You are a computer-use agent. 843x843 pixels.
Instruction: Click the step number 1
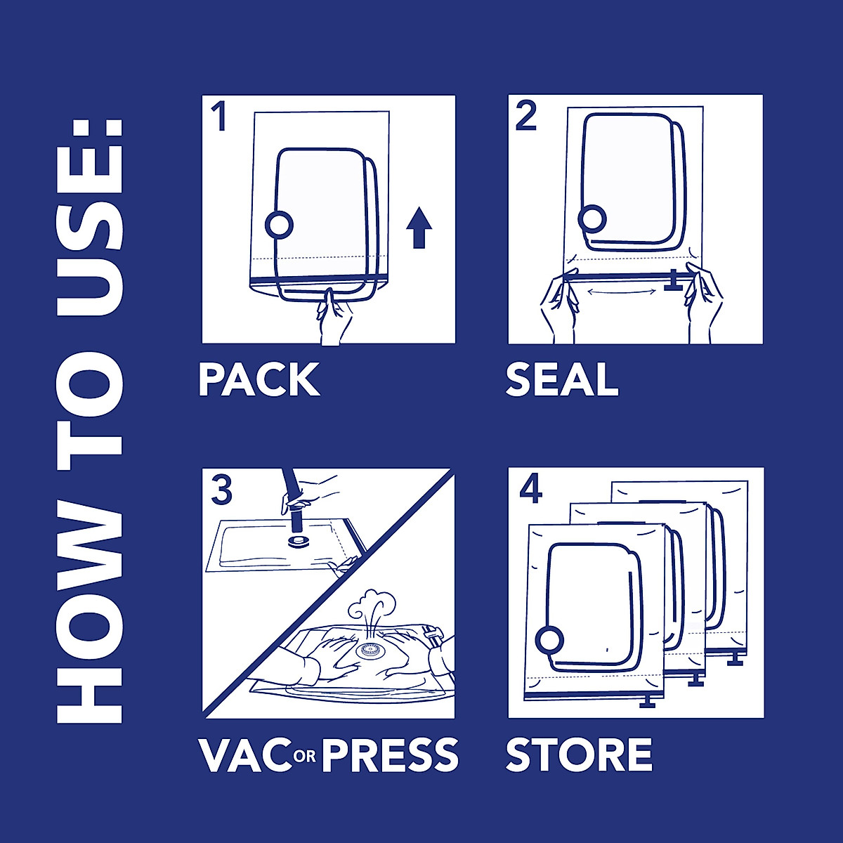(x=220, y=117)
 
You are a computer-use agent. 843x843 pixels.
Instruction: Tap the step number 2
(x=526, y=116)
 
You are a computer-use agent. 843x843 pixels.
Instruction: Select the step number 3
(x=221, y=490)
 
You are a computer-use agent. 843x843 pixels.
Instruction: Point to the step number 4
(x=531, y=489)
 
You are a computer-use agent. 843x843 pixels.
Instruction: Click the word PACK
(x=259, y=380)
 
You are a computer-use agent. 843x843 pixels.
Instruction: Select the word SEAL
(x=562, y=380)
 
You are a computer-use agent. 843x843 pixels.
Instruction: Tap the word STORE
(x=579, y=755)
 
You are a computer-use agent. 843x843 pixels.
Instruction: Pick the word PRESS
(x=391, y=755)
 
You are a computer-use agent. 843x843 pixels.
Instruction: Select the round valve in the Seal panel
(x=592, y=219)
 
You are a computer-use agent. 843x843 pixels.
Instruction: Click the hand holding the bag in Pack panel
(x=334, y=320)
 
